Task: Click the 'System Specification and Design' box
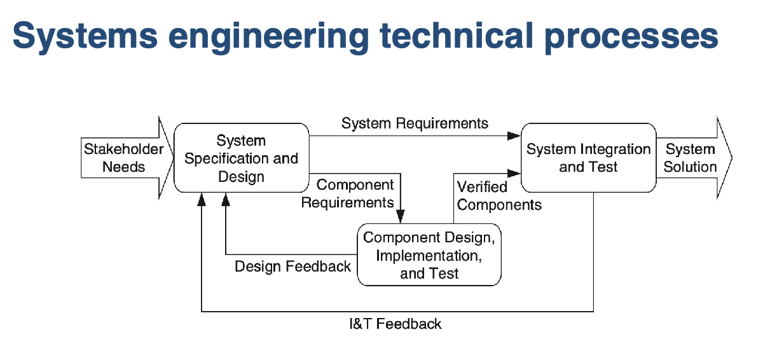click(242, 158)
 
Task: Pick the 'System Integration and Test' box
click(589, 158)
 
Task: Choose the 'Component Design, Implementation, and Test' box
click(429, 255)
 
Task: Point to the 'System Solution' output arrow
click(694, 158)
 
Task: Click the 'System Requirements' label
click(415, 123)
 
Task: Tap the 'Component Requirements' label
click(348, 193)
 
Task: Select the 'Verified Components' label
click(499, 196)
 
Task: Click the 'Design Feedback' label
click(292, 267)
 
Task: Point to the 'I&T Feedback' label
click(395, 324)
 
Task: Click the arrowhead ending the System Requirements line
click(514, 136)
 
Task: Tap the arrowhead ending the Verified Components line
click(514, 173)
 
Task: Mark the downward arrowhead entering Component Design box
click(401, 216)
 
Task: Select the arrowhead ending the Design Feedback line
click(226, 200)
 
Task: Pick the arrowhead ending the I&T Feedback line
click(202, 200)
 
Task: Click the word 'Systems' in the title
click(85, 36)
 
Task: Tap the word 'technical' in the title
click(457, 36)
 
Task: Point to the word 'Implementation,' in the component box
click(429, 256)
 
